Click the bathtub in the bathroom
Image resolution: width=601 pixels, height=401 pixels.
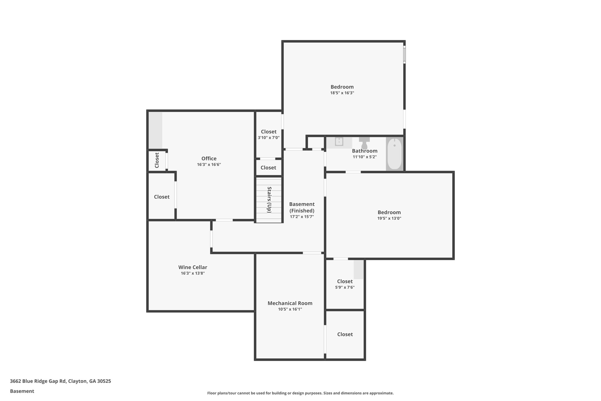point(394,154)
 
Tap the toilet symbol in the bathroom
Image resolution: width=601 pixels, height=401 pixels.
point(364,143)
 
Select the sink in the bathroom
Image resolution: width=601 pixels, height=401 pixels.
point(339,142)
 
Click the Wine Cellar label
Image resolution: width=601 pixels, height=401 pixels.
point(193,267)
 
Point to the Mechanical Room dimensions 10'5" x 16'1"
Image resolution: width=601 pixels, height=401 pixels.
point(290,309)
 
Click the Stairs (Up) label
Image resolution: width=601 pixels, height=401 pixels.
point(269,200)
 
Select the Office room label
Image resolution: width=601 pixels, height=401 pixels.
point(209,159)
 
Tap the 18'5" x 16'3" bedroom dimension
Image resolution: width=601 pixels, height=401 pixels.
point(342,93)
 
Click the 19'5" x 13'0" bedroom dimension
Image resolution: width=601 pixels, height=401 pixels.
point(389,218)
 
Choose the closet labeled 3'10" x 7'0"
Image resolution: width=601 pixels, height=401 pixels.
point(269,134)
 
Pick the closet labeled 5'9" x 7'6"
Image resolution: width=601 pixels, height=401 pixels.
point(345,284)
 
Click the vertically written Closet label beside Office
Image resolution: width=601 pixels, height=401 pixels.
point(157,160)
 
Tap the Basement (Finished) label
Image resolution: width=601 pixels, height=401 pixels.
point(302,207)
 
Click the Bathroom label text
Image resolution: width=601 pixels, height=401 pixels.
point(365,151)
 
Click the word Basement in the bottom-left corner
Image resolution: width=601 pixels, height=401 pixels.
point(22,391)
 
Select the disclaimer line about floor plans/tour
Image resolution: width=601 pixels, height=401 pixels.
point(300,393)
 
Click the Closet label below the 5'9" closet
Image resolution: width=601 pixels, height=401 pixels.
point(345,334)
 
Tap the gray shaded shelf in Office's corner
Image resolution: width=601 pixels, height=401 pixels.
point(155,130)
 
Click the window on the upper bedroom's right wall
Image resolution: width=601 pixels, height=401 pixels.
point(404,54)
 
